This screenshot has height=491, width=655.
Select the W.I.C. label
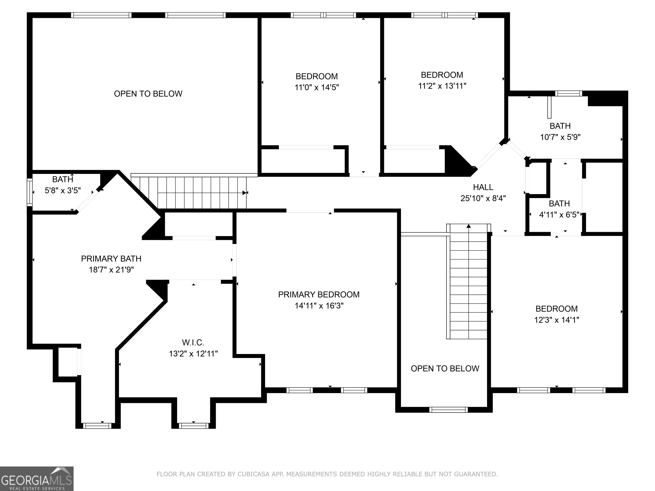coord(193,342)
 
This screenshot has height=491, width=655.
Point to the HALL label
coord(483,187)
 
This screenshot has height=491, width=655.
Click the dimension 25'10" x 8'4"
coord(483,198)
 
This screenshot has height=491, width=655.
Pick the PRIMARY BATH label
coord(111,259)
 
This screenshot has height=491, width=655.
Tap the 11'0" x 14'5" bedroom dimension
coord(317,87)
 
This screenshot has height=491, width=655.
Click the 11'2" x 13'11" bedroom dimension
coord(442,86)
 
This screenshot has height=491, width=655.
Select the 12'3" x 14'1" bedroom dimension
coord(556,320)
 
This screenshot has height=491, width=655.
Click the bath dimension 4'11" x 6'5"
coord(559,215)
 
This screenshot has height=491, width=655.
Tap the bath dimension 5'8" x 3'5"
coord(62,190)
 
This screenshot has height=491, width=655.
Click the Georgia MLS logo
coord(37,479)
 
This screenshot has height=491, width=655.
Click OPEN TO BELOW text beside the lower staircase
coord(445,368)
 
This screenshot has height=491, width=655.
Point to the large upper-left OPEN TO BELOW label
coord(148,94)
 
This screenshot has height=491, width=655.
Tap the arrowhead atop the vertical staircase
coord(468,226)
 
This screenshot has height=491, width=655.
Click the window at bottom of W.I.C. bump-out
coord(194,426)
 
